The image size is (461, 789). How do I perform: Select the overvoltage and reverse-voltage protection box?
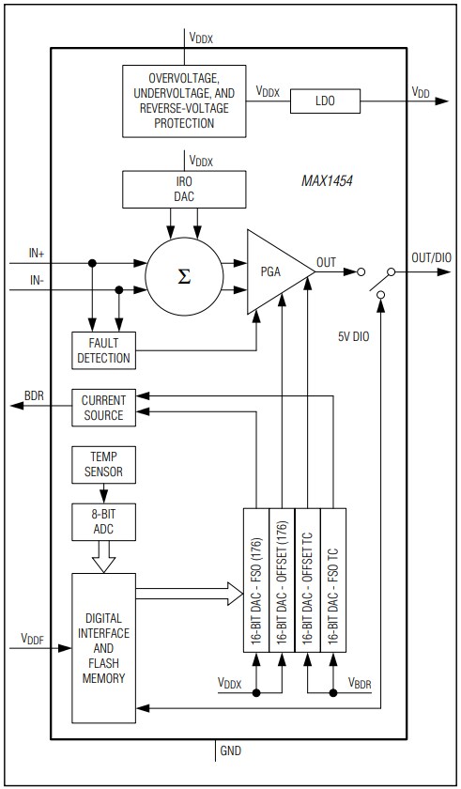(184, 98)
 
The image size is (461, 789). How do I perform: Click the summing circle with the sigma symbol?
(184, 276)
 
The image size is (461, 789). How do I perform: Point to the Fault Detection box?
(102, 349)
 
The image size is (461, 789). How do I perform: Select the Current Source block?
(102, 408)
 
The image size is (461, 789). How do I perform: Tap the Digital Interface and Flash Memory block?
(103, 648)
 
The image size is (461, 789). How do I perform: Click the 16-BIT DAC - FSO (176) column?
(256, 579)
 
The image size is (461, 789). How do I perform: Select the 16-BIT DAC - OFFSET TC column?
(308, 579)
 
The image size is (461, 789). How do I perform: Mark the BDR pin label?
(35, 396)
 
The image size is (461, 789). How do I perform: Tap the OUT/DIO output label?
(432, 257)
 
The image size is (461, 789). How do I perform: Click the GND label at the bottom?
(230, 752)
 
